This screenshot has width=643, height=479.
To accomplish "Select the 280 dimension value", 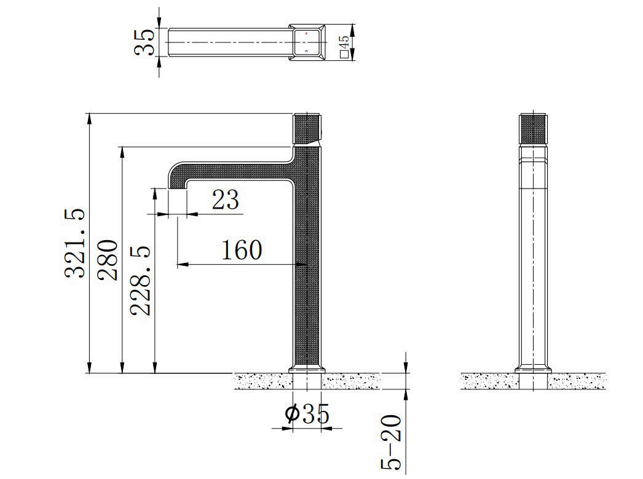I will pos(109,260).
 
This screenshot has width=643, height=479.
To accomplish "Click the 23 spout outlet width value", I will pos(225,200).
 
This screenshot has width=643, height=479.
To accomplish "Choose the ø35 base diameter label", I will pos(307,415).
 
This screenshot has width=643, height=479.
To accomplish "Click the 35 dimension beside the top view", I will pos(145,42).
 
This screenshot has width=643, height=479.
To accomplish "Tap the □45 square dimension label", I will pos(345,47).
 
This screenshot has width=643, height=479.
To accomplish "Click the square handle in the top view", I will pos(307,42).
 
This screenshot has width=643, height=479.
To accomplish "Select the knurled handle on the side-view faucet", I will pos(308,128).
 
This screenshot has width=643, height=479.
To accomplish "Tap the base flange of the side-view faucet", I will pos(307,368).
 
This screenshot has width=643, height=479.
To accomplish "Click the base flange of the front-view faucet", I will pos(533,369).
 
